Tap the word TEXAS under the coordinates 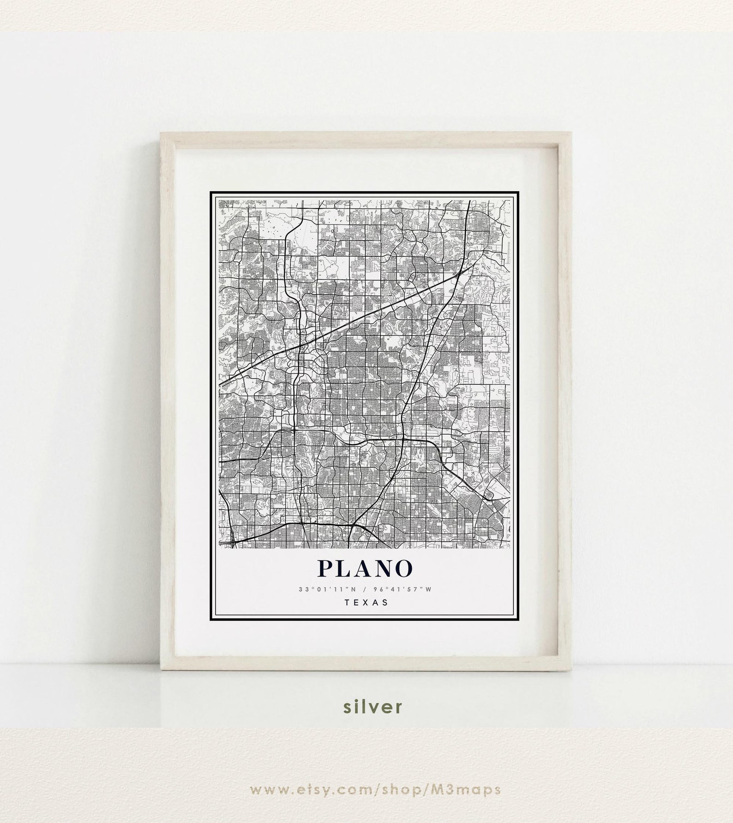coord(366,602)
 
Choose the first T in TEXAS coord(347,602)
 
